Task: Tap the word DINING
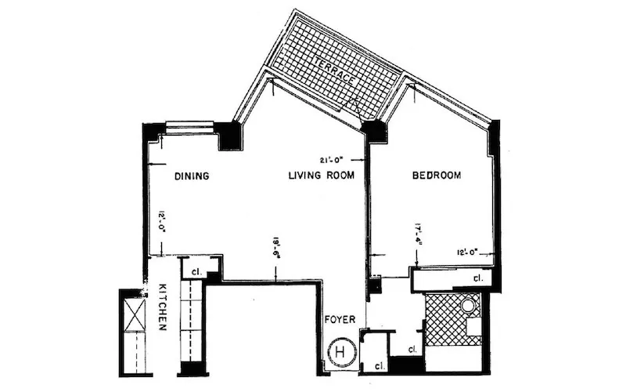coord(191,176)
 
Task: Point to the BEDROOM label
coord(437,175)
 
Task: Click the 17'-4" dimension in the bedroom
coord(419,233)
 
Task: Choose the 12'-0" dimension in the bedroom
coord(473,252)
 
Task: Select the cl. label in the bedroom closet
coord(477,278)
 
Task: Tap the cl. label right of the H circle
coord(379,365)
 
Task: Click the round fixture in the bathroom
coord(468,306)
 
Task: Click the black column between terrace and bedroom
coord(376,130)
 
